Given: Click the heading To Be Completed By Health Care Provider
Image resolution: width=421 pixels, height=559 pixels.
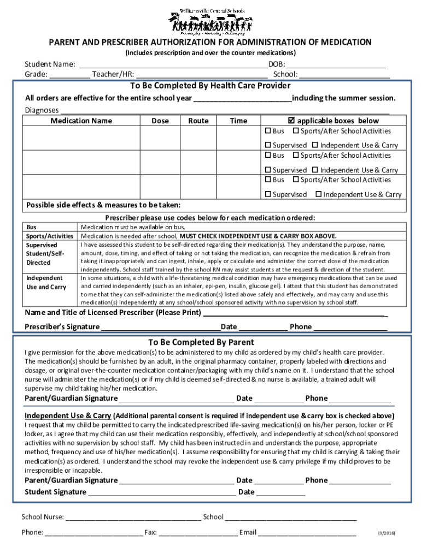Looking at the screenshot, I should tap(210, 86).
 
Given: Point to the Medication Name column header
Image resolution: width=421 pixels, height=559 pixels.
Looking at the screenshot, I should tap(81, 121).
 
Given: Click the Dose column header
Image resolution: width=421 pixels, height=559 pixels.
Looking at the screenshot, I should tap(160, 121).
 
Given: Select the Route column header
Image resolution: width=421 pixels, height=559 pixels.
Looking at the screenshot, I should tap(198, 121).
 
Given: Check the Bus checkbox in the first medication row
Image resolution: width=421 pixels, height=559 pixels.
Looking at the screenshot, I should tap(268, 131).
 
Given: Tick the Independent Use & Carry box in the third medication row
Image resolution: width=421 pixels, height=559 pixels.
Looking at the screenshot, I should tap(318, 194).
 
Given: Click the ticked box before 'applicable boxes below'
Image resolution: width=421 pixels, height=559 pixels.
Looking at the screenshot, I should tap(291, 121).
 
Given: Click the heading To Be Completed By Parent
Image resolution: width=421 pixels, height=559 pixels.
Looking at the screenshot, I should tap(201, 342).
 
